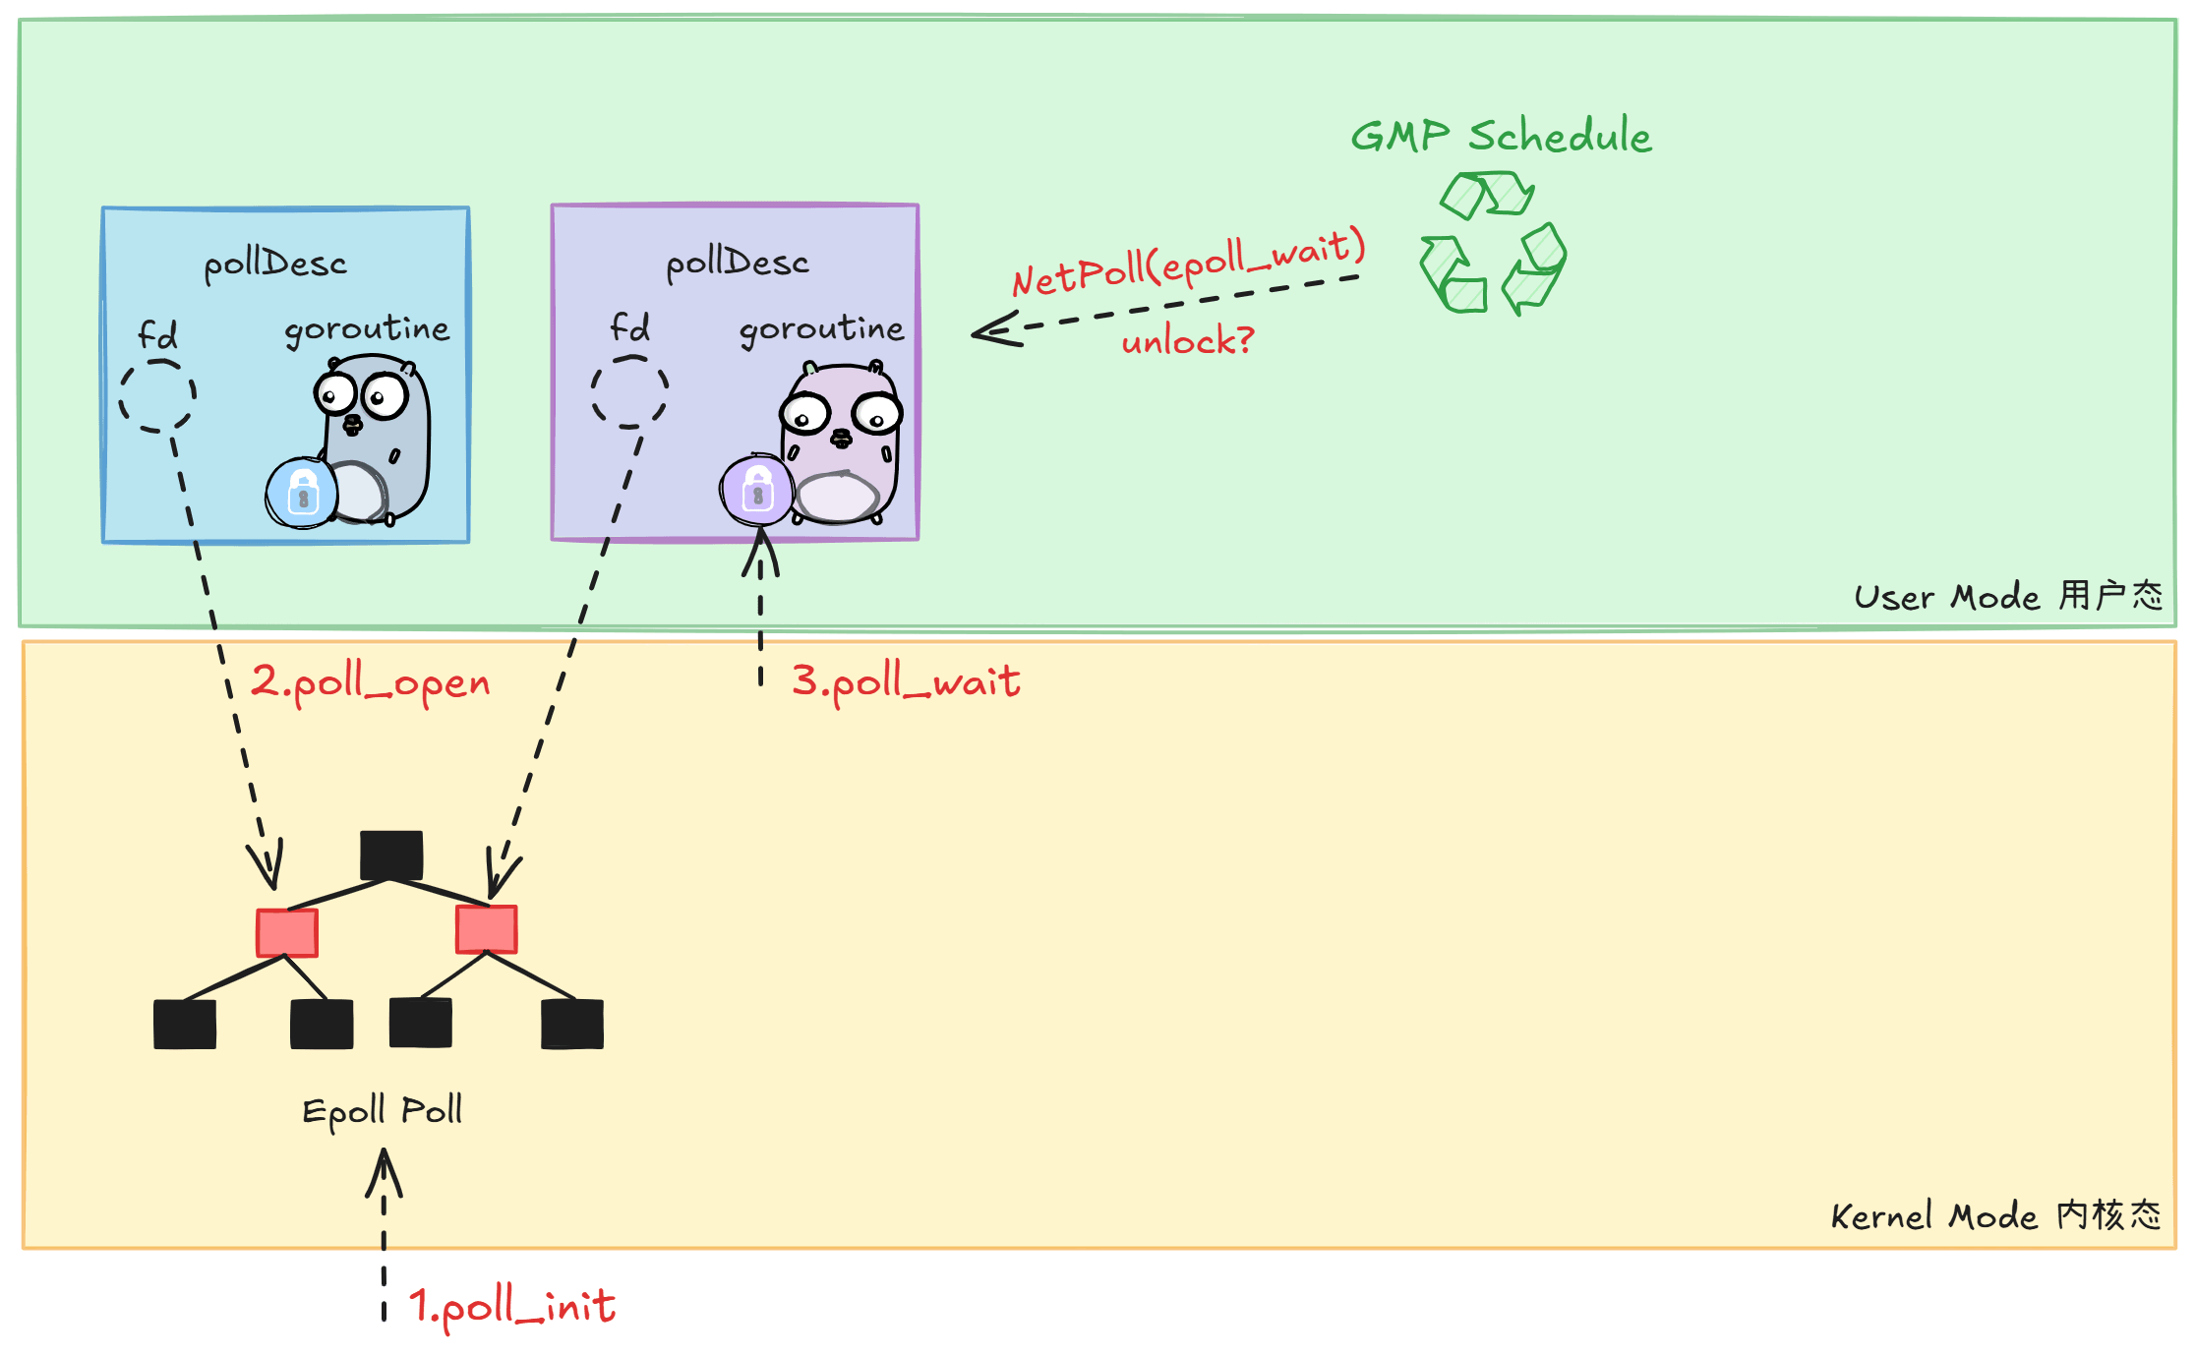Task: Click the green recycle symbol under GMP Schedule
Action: tap(1492, 243)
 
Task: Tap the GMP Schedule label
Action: tap(1501, 136)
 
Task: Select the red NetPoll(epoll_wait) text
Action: tap(1188, 262)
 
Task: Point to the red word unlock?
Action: tap(1187, 341)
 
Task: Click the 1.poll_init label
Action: tap(512, 1307)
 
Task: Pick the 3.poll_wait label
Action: tap(906, 681)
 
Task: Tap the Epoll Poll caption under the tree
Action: tap(382, 1111)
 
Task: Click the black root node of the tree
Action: tap(391, 855)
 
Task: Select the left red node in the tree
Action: tap(287, 932)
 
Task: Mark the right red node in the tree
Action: tap(487, 929)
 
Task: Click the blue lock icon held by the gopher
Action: tap(302, 493)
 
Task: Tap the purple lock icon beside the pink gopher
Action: tap(756, 490)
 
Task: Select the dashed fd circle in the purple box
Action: tap(629, 392)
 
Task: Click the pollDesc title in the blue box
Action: tap(275, 265)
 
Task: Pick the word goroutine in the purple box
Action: tap(821, 328)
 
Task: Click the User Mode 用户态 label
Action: tap(2007, 596)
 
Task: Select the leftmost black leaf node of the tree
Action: tap(185, 1024)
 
